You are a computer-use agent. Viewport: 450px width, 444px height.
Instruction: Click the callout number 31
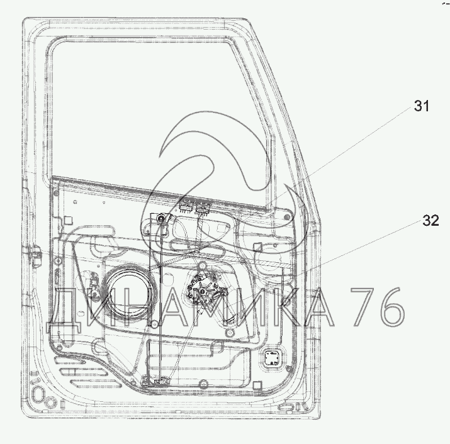pos(421,106)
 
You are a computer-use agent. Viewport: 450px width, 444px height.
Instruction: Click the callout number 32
pos(430,220)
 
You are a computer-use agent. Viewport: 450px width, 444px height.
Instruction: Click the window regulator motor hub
pos(204,291)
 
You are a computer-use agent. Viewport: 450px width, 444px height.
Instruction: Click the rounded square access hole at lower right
pos(272,359)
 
